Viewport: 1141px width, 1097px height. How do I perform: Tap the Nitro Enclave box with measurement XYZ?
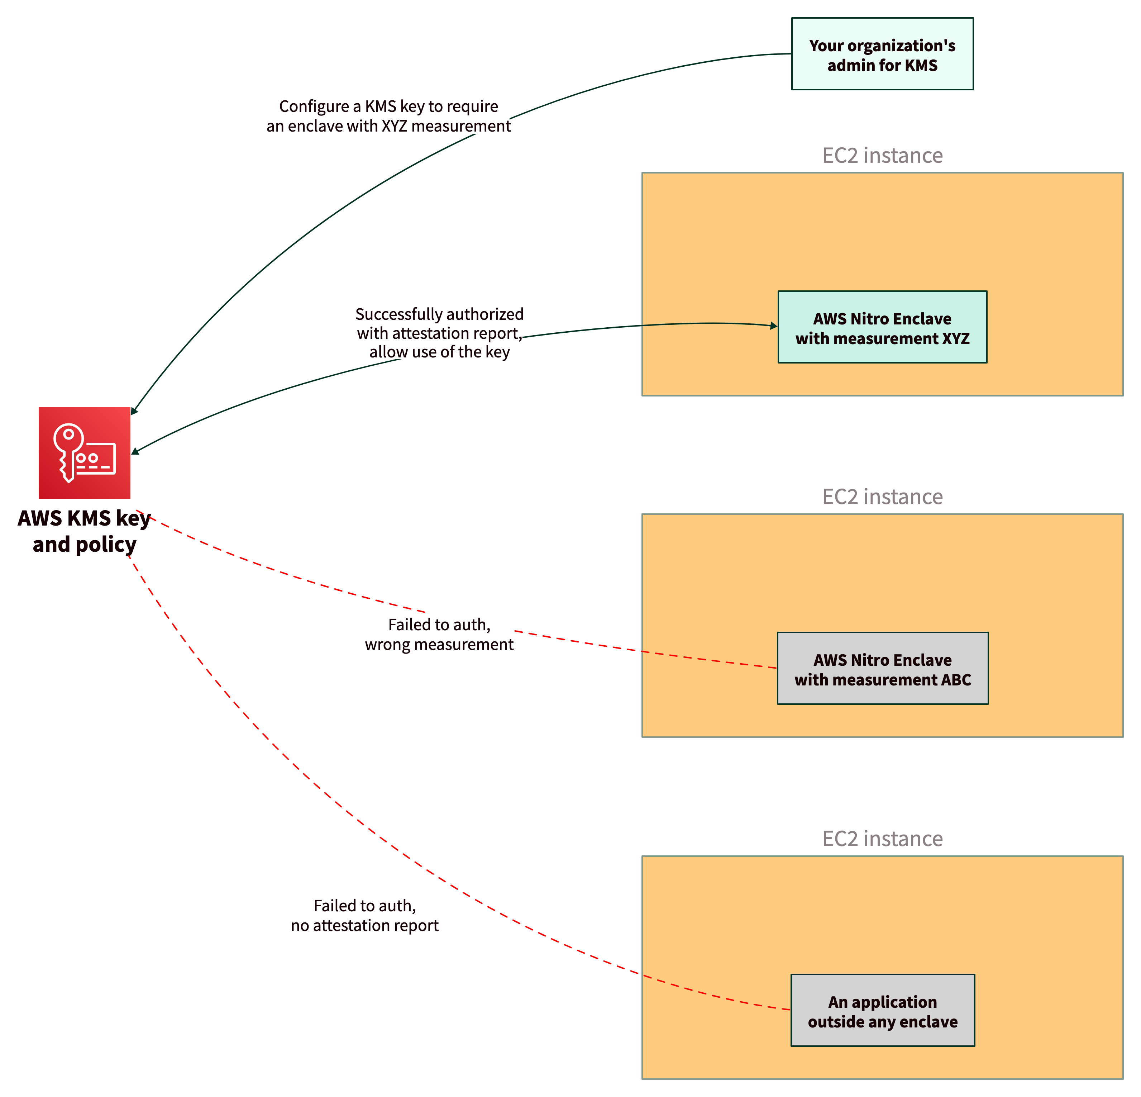(x=882, y=327)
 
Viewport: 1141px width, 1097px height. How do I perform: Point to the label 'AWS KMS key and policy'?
(x=85, y=531)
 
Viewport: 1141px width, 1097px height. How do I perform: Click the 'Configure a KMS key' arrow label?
(x=388, y=116)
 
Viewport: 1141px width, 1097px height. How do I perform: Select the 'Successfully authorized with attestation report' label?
(x=439, y=333)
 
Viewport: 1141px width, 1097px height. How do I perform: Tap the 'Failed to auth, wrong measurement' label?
(x=439, y=634)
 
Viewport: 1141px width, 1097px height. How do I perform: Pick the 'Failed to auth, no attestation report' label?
(x=365, y=915)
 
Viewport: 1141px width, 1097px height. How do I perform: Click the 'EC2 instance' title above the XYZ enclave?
(x=882, y=156)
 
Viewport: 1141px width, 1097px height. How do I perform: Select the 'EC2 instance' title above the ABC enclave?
(x=882, y=497)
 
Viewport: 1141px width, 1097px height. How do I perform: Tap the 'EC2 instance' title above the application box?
(x=882, y=839)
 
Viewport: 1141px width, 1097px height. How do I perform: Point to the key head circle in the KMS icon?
(x=69, y=434)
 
